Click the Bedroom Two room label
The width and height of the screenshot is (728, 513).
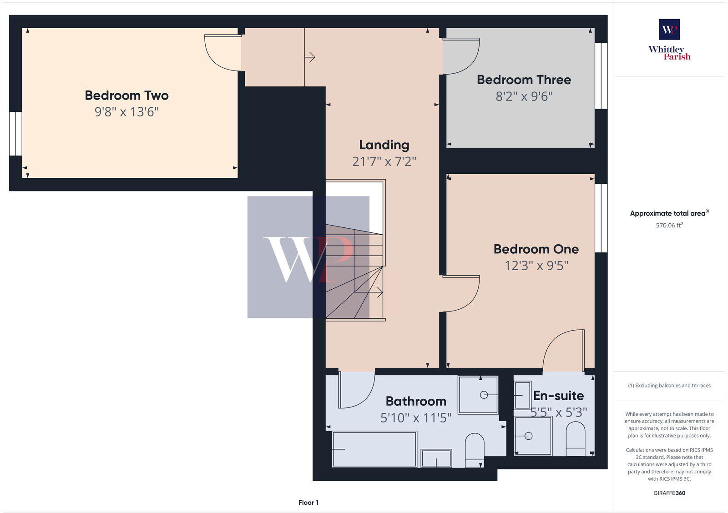pos(126,96)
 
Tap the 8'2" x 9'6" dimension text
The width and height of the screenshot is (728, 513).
pos(524,96)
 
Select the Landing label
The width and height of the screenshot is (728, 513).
pos(384,145)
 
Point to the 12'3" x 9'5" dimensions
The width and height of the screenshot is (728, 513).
pos(536,266)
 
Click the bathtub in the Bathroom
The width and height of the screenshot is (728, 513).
pos(374,449)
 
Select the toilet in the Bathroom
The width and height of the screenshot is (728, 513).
pos(474,449)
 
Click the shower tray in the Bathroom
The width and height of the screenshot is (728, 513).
pos(478,394)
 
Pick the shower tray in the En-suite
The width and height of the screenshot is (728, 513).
pos(532,436)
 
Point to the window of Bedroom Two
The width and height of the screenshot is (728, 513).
pos(15,133)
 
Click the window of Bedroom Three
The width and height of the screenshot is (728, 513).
pos(601,76)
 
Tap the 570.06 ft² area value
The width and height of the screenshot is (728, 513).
pos(669,226)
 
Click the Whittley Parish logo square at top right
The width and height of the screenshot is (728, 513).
pos(669,29)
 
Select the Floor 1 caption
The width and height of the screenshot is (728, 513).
pos(308,503)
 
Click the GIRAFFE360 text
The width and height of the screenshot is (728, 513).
pos(669,493)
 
